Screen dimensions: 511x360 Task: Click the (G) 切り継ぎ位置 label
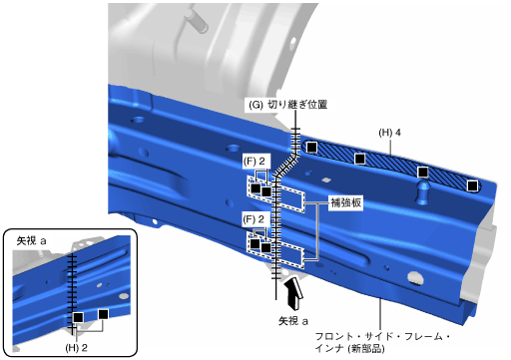pyautogui.click(x=288, y=105)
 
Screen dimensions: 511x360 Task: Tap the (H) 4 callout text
pyautogui.click(x=389, y=133)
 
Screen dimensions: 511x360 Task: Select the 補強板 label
pyautogui.click(x=345, y=202)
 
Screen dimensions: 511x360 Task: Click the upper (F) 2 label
pyautogui.click(x=254, y=162)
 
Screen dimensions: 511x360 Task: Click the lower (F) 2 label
pyautogui.click(x=254, y=219)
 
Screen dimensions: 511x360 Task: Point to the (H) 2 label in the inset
pyautogui.click(x=76, y=348)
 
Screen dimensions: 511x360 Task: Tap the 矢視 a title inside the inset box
pyautogui.click(x=31, y=241)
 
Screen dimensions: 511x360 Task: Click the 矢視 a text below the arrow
pyautogui.click(x=293, y=321)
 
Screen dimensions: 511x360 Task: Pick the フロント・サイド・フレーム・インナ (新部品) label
pyautogui.click(x=382, y=342)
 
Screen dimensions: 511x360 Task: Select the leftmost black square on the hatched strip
pyautogui.click(x=311, y=147)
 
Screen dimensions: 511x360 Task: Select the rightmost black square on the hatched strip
pyautogui.click(x=472, y=185)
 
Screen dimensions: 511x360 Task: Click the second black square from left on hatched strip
pyautogui.click(x=359, y=159)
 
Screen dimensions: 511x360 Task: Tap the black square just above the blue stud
pyautogui.click(x=423, y=173)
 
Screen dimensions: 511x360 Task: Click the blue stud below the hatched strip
pyautogui.click(x=423, y=192)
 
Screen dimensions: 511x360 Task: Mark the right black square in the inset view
pyautogui.click(x=104, y=314)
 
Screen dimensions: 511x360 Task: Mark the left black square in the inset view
pyautogui.click(x=78, y=317)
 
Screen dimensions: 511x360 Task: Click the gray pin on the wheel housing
pyautogui.click(x=198, y=21)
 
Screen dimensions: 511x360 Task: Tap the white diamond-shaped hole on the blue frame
pyautogui.click(x=326, y=180)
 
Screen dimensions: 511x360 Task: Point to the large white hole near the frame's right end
pyautogui.click(x=415, y=277)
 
